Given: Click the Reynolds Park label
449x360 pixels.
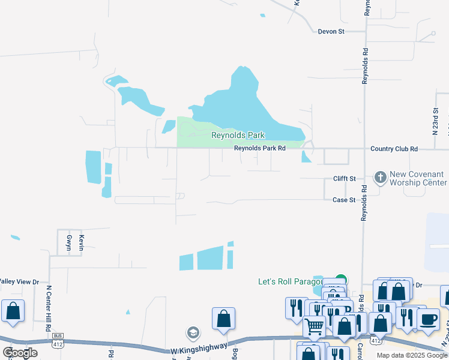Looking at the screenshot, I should (238, 136).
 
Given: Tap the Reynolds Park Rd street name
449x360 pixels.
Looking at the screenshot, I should (260, 148).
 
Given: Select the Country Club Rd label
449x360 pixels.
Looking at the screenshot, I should (394, 148).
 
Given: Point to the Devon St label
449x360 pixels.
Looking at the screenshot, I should (331, 31).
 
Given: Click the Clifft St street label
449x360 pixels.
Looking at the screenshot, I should (345, 179).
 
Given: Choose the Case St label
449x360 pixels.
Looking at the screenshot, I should (344, 200).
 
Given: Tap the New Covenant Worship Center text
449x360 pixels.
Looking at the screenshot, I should (418, 178).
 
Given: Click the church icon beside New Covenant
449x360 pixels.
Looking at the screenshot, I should (379, 178).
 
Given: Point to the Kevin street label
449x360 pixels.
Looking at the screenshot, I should (82, 243).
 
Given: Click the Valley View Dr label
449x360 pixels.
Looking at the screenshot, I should (19, 281).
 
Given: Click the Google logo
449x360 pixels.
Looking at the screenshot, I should (20, 353).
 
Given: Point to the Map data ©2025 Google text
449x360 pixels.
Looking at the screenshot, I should (412, 355).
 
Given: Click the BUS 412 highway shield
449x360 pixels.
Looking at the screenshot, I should (58, 339).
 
